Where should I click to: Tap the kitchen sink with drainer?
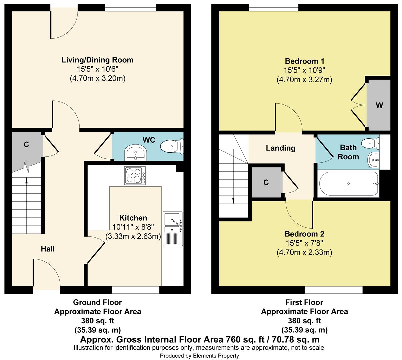coord(173,229)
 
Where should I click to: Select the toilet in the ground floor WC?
coord(172,146)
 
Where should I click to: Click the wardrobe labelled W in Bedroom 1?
coord(379,105)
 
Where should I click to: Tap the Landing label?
coord(280,148)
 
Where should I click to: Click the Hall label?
coord(48,249)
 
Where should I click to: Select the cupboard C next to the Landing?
coord(266,182)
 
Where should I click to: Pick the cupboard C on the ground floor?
coord(26,145)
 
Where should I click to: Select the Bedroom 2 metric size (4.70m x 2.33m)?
coord(304,253)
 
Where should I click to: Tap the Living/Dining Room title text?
coord(97,60)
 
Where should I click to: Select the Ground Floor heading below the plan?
coord(97,302)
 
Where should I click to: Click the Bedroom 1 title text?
coord(304,61)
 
